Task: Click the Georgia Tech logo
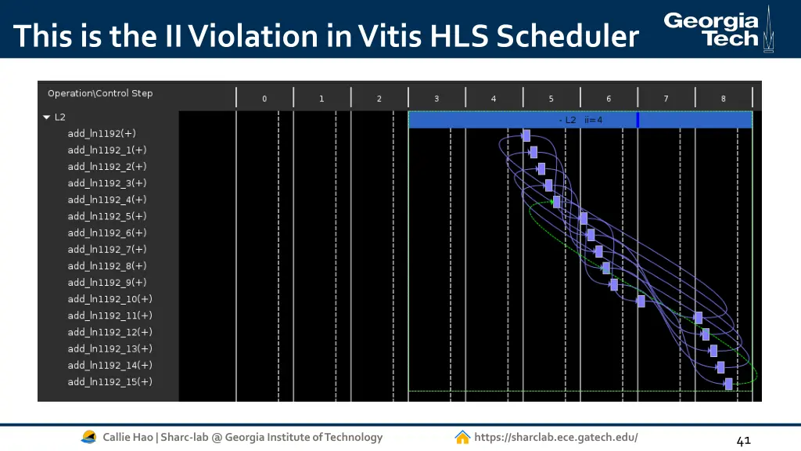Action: (x=716, y=29)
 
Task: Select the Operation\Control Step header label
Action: (x=100, y=93)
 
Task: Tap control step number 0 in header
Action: (x=264, y=99)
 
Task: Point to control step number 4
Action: (x=494, y=99)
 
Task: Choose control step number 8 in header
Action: (x=724, y=99)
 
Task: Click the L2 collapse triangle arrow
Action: (x=47, y=117)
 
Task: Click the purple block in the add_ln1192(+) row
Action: (x=526, y=135)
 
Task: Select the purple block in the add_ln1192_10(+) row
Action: (x=641, y=301)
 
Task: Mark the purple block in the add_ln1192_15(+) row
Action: (x=728, y=384)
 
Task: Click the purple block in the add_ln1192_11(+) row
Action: (x=699, y=318)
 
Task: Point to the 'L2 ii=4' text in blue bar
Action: (x=580, y=120)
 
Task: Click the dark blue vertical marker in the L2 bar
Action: (x=638, y=120)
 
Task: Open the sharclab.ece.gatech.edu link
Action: (x=555, y=437)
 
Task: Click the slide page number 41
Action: (x=743, y=441)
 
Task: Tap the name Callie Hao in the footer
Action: (x=128, y=437)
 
